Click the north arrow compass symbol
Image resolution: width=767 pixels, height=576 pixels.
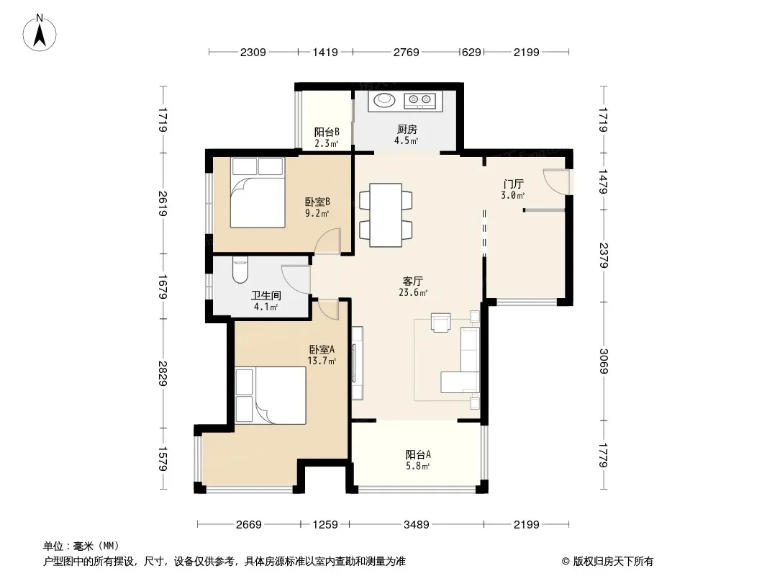(40, 33)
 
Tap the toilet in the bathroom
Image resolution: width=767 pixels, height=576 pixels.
(240, 269)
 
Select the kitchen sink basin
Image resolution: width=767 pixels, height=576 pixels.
(384, 100)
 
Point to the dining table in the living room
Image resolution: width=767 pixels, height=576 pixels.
(386, 215)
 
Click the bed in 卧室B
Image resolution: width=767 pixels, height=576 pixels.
(258, 192)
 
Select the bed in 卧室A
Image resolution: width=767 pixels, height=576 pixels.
(271, 395)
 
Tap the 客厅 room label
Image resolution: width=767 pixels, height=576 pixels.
(412, 282)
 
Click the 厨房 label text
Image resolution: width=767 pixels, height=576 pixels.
(407, 129)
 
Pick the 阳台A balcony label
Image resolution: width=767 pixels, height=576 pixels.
(418, 454)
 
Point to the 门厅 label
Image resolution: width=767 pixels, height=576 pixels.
(513, 184)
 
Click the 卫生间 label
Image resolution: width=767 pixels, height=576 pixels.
(266, 296)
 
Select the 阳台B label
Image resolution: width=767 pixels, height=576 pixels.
(326, 132)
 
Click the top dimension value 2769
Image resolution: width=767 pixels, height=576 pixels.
(406, 52)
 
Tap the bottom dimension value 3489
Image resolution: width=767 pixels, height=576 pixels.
(417, 525)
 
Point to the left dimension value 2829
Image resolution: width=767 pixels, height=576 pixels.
(163, 374)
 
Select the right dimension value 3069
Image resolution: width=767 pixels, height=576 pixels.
(604, 361)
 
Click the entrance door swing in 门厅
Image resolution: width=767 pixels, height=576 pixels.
(556, 181)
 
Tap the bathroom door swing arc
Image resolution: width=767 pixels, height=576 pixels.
(296, 279)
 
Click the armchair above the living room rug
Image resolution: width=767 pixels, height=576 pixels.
(440, 323)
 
